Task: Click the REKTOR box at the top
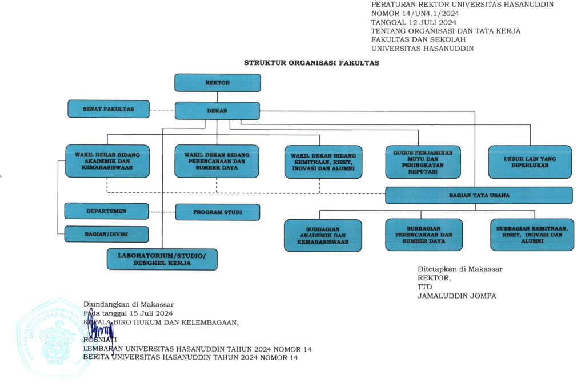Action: point(217,83)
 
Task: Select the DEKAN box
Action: point(217,111)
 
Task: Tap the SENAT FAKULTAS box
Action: point(109,108)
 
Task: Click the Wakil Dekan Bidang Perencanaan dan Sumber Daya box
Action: point(217,162)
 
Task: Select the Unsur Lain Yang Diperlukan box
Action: point(530,162)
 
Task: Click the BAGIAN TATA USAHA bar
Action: point(479,195)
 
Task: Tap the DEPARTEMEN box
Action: point(106,211)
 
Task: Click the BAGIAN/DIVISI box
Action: point(106,234)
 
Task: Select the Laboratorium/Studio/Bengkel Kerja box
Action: point(162,259)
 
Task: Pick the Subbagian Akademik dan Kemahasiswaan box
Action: point(323,235)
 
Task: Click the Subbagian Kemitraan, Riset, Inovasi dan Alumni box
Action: point(531,235)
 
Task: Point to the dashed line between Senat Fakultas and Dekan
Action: point(162,110)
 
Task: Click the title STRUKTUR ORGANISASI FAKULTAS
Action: point(311,63)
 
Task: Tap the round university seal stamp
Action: point(54,331)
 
